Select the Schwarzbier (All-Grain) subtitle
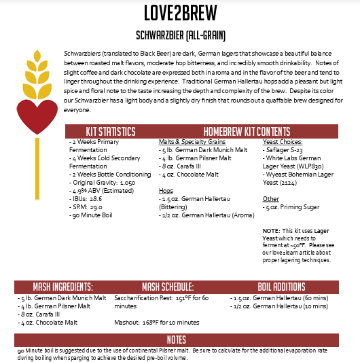(180, 34)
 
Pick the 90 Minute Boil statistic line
(96, 215)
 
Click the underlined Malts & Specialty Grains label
(192, 142)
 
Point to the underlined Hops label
(165, 191)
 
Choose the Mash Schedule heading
(168, 287)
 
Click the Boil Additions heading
(281, 287)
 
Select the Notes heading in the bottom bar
(180, 339)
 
